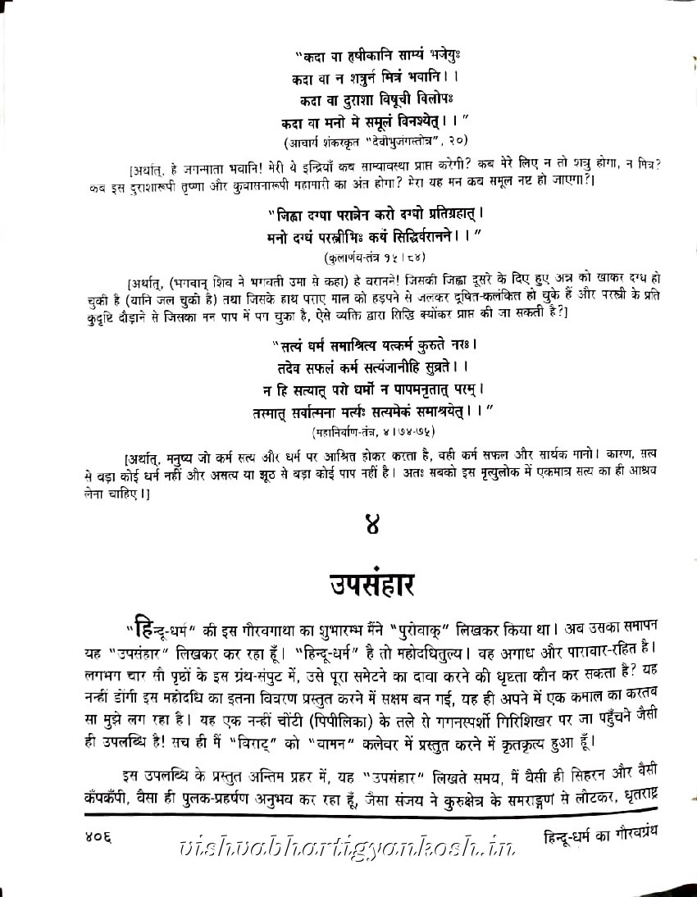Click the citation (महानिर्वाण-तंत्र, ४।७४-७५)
[x=373, y=430]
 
